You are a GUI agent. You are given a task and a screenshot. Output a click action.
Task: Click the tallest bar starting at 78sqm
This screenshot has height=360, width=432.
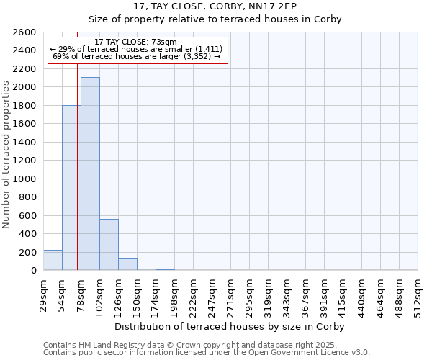90,174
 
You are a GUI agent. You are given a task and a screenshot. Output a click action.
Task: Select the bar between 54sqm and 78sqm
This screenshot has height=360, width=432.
71,188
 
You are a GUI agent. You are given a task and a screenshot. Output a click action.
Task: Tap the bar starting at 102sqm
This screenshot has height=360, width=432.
109,245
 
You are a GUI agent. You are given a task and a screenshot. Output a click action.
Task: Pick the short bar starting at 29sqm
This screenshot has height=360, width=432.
53,260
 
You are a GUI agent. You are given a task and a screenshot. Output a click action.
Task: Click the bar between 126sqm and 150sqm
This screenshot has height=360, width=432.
127,264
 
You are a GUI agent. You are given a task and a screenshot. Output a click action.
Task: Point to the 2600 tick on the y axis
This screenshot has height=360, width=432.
26,32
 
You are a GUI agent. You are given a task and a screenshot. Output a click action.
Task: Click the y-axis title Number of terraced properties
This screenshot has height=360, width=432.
6,154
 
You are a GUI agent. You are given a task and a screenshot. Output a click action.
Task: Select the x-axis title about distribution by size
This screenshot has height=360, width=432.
230,327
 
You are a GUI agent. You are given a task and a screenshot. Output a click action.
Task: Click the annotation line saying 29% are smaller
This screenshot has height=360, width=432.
136,49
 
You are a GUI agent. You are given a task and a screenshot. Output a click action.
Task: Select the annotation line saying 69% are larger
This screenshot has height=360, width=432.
136,56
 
